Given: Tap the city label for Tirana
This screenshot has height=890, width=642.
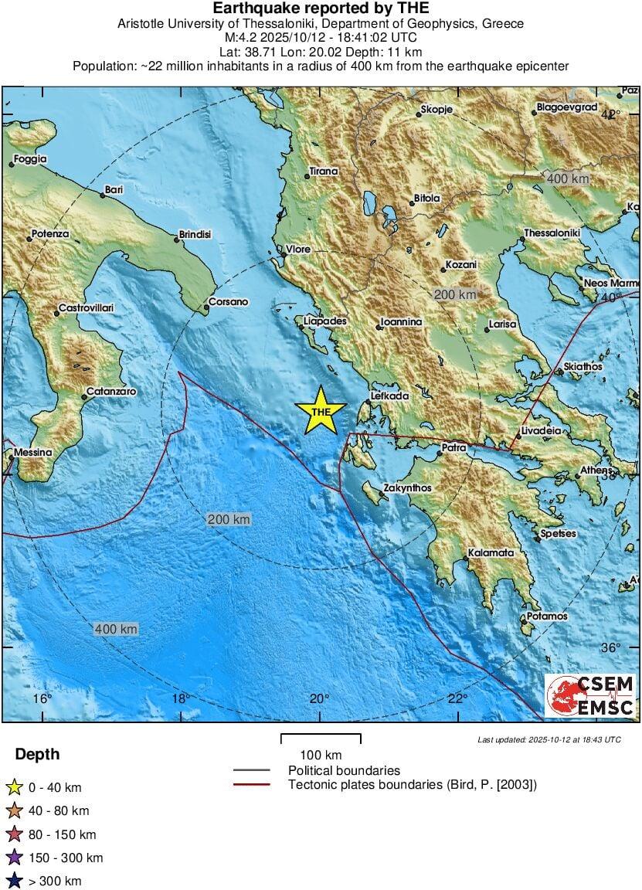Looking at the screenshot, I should pyautogui.click(x=324, y=172).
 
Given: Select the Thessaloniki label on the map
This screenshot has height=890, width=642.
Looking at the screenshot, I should pyautogui.click(x=552, y=233).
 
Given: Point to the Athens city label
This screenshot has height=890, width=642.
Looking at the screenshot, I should pyautogui.click(x=596, y=470).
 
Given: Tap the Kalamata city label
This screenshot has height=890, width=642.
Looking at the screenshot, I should pyautogui.click(x=491, y=553).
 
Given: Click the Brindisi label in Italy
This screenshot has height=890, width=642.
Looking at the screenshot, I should pyautogui.click(x=195, y=234).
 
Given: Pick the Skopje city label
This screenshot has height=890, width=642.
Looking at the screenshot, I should pyautogui.click(x=436, y=110).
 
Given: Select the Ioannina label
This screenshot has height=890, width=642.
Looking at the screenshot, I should pyautogui.click(x=402, y=321).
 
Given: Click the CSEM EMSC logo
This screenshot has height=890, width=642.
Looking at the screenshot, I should pyautogui.click(x=590, y=695).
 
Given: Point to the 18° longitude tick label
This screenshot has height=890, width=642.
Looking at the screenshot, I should pyautogui.click(x=180, y=698).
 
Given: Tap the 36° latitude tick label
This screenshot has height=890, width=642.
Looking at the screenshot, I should pyautogui.click(x=611, y=647).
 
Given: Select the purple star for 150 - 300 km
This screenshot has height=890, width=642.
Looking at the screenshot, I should pyautogui.click(x=13, y=858).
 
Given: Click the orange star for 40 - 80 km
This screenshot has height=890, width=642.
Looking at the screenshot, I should pyautogui.click(x=13, y=811).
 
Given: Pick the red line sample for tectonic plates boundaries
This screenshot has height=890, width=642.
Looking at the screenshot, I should pyautogui.click(x=251, y=785).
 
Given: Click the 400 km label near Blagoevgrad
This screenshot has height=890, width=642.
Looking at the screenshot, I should pyautogui.click(x=568, y=178).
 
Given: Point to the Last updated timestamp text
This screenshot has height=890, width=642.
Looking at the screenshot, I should pyautogui.click(x=549, y=739).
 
